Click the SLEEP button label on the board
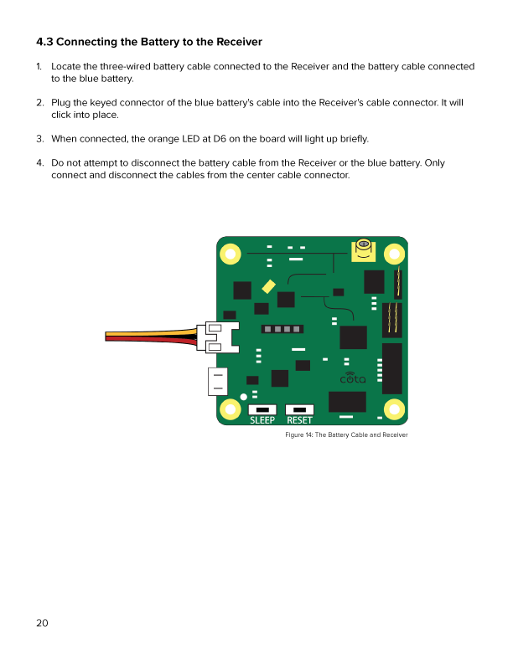tap(262, 420)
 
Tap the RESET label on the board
tap(299, 420)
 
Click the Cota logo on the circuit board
tap(352, 379)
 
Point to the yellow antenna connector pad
tap(363, 249)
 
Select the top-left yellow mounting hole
tap(230, 249)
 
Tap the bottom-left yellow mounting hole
tap(230, 409)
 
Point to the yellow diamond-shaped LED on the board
tap(268, 285)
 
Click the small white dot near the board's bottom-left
tap(244, 397)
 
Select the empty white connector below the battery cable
tap(217, 382)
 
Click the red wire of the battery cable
tap(151, 340)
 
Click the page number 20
tap(42, 623)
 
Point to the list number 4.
tap(39, 162)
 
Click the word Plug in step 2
tap(61, 102)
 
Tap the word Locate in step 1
tap(66, 66)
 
